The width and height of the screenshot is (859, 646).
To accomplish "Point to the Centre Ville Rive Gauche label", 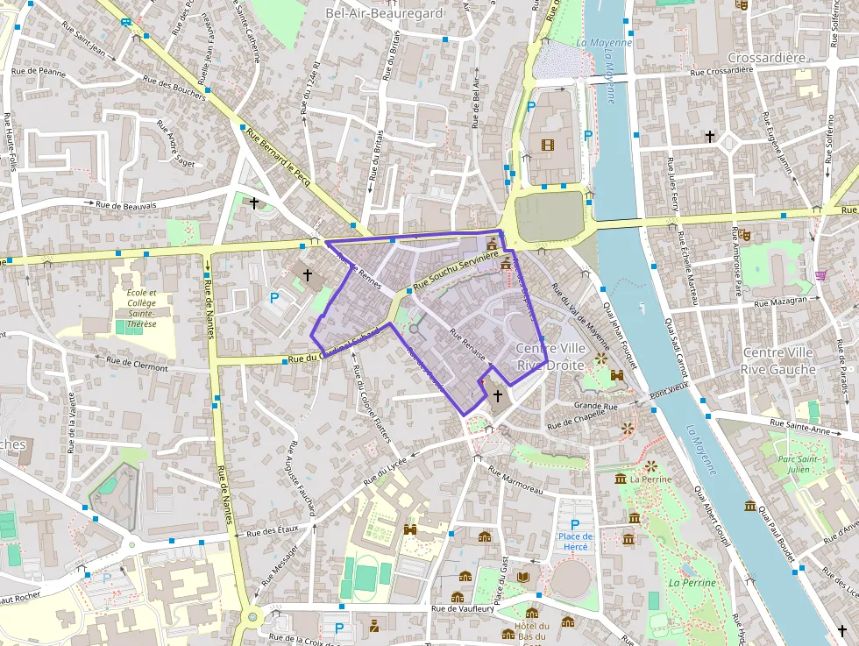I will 778,360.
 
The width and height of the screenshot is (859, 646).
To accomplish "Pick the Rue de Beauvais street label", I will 126,205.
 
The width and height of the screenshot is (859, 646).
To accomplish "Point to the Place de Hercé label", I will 576,541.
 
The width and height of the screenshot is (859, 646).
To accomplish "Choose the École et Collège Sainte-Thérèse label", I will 141,308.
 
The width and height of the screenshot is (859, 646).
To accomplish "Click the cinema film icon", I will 549,145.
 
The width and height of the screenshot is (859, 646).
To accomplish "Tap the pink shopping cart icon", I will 821,275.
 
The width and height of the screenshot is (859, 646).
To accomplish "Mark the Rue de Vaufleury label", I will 464,609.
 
